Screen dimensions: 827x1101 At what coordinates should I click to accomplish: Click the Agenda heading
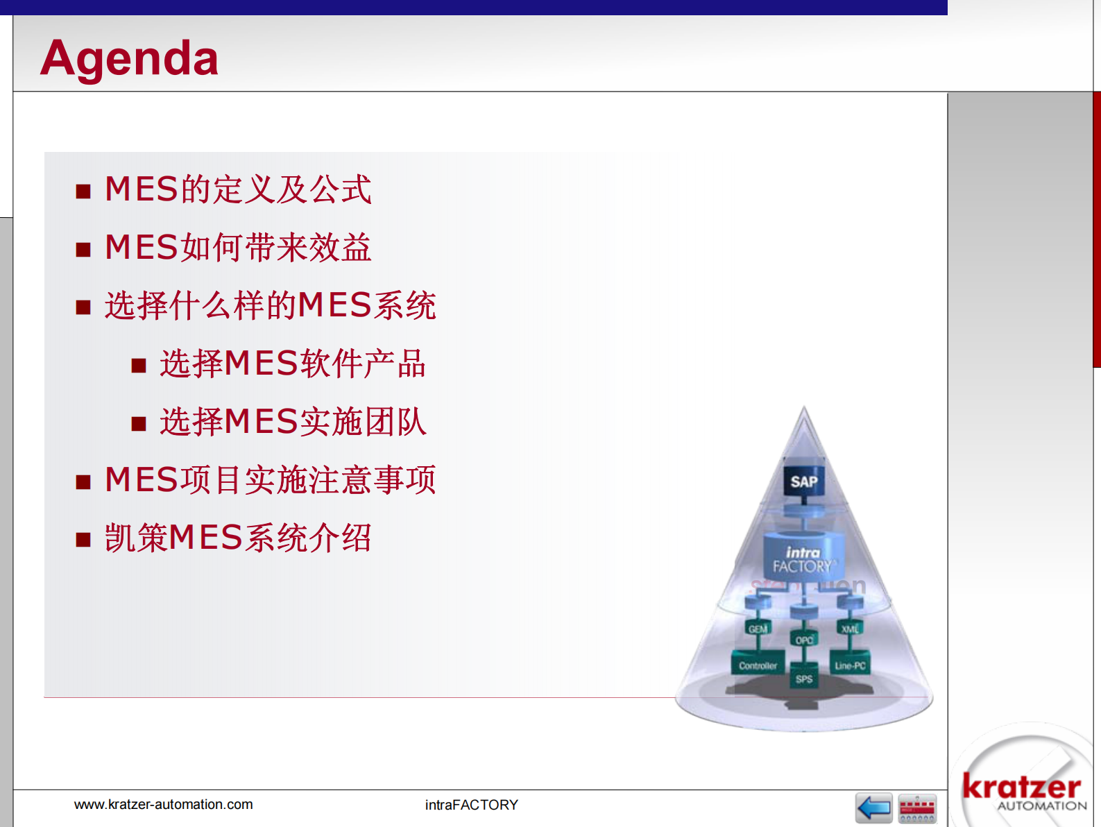pos(129,58)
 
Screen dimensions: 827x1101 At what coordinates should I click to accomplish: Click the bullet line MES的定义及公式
pos(237,189)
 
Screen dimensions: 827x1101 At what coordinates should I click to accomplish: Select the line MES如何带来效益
pos(237,248)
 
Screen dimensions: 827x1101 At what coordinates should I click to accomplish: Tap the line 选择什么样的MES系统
pos(270,306)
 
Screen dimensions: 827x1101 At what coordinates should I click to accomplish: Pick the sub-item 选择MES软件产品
pos(292,364)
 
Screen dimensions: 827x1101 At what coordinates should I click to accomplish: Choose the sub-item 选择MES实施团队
pos(292,423)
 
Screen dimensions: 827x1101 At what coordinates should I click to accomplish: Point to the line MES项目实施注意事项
pos(270,480)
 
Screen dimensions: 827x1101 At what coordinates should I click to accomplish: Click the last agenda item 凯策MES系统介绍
pos(237,538)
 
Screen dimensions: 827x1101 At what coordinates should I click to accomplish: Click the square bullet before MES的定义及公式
pos(83,191)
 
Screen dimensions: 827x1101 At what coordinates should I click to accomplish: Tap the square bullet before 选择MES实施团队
pos(139,424)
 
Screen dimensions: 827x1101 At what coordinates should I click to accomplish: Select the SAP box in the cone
pos(803,481)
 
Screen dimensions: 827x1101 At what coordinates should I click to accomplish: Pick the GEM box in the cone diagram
pos(758,629)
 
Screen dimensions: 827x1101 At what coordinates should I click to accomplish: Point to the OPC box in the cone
pos(804,640)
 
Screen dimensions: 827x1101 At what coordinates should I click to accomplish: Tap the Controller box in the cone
pos(758,665)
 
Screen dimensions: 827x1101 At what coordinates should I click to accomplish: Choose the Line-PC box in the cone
pos(850,665)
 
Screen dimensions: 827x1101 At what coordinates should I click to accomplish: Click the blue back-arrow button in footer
pos(873,808)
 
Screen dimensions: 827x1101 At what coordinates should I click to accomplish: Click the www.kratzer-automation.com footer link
pos(163,805)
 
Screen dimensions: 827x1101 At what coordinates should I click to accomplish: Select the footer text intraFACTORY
pos(471,805)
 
